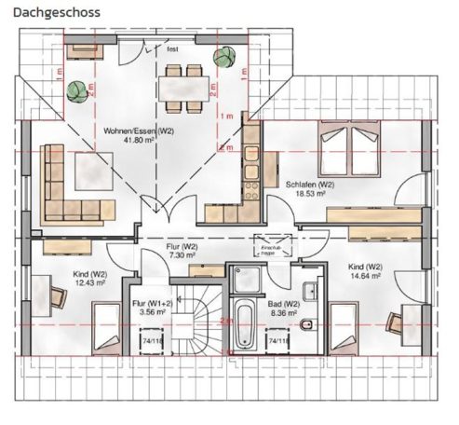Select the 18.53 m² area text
(x=310, y=195)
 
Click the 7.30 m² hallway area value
(x=182, y=254)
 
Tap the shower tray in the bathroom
(x=248, y=277)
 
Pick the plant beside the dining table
(x=222, y=57)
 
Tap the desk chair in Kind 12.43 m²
(x=58, y=297)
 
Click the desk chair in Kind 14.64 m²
(x=395, y=322)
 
